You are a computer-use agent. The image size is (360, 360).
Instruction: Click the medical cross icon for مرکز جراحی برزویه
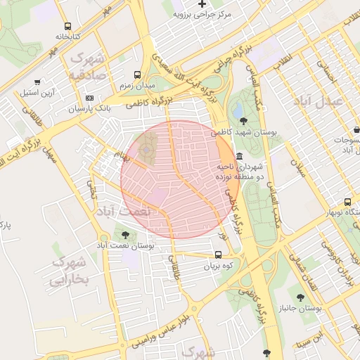click(202, 4)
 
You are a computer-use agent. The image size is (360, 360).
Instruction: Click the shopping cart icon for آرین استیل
click(37, 82)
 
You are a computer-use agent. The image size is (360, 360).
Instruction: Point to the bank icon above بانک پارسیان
click(89, 98)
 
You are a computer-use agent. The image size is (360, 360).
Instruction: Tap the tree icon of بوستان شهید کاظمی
click(243, 122)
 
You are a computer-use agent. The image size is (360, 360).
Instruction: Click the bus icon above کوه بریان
click(217, 255)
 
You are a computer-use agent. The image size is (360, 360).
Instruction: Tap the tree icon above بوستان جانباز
click(301, 297)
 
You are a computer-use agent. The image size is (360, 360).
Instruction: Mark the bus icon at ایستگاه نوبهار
click(347, 203)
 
